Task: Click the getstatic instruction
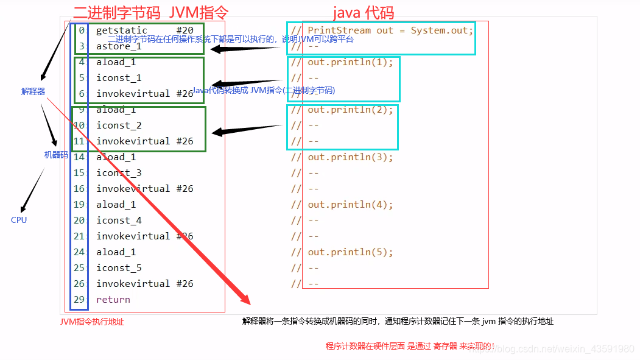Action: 122,30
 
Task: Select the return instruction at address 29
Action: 113,300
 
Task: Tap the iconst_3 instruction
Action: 119,173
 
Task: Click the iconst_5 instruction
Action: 119,268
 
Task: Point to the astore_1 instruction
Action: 119,46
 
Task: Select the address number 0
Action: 82,30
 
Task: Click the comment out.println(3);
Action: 350,157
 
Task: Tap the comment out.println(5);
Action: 350,252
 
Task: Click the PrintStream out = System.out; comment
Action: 390,30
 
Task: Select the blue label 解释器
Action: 33,91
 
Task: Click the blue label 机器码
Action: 56,155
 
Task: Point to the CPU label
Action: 19,220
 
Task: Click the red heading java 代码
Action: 364,12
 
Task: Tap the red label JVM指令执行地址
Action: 92,322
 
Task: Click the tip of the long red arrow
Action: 248,302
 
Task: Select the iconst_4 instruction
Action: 119,221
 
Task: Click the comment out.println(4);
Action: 350,205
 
